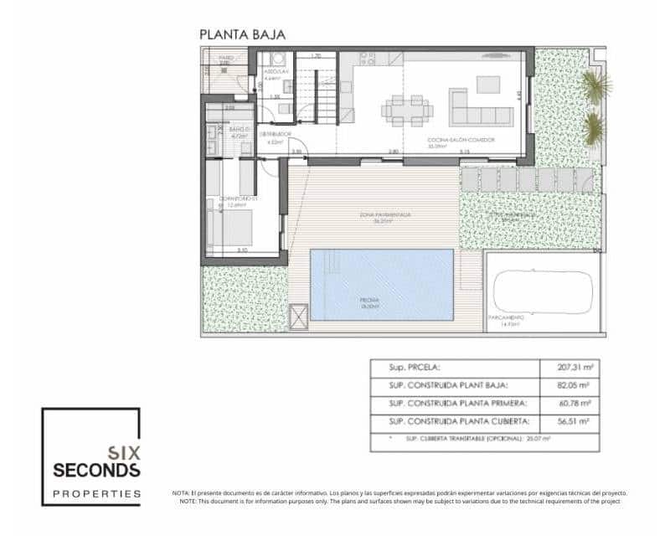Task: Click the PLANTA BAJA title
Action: (242, 34)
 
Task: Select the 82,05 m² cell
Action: (575, 386)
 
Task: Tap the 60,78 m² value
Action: (575, 405)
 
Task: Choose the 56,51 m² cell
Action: (575, 422)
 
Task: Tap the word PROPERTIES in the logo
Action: (96, 493)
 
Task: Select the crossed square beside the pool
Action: (299, 317)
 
